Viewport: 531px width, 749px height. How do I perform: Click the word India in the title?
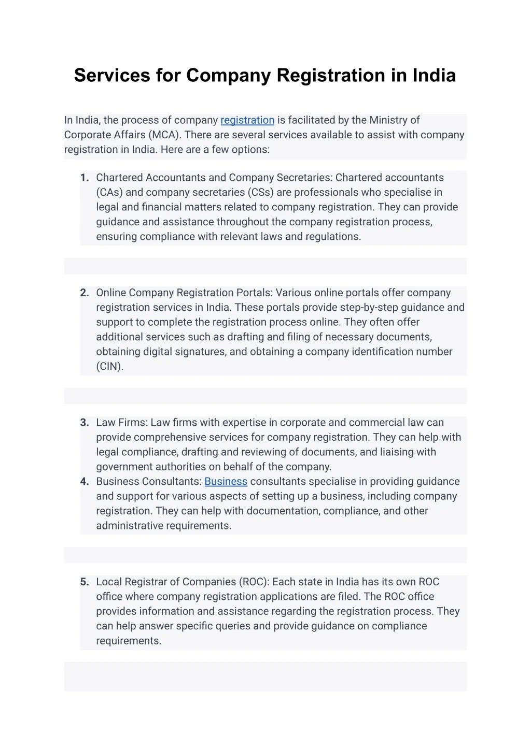click(x=434, y=76)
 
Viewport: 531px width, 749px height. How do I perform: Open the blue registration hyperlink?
click(x=247, y=120)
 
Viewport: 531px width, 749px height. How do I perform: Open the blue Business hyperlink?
click(x=226, y=482)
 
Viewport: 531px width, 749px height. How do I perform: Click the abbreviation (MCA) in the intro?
click(x=164, y=135)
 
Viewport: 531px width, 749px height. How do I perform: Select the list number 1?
click(x=85, y=178)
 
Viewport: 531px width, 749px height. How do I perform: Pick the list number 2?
click(x=85, y=293)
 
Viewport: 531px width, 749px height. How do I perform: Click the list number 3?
click(x=85, y=423)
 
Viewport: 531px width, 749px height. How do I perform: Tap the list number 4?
click(x=85, y=482)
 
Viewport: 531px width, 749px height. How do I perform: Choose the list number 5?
click(x=85, y=582)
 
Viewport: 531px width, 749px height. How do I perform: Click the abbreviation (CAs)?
click(x=109, y=193)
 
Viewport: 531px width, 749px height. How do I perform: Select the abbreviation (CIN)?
click(x=110, y=367)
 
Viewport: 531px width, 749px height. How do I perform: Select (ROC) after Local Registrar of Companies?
click(x=254, y=582)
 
